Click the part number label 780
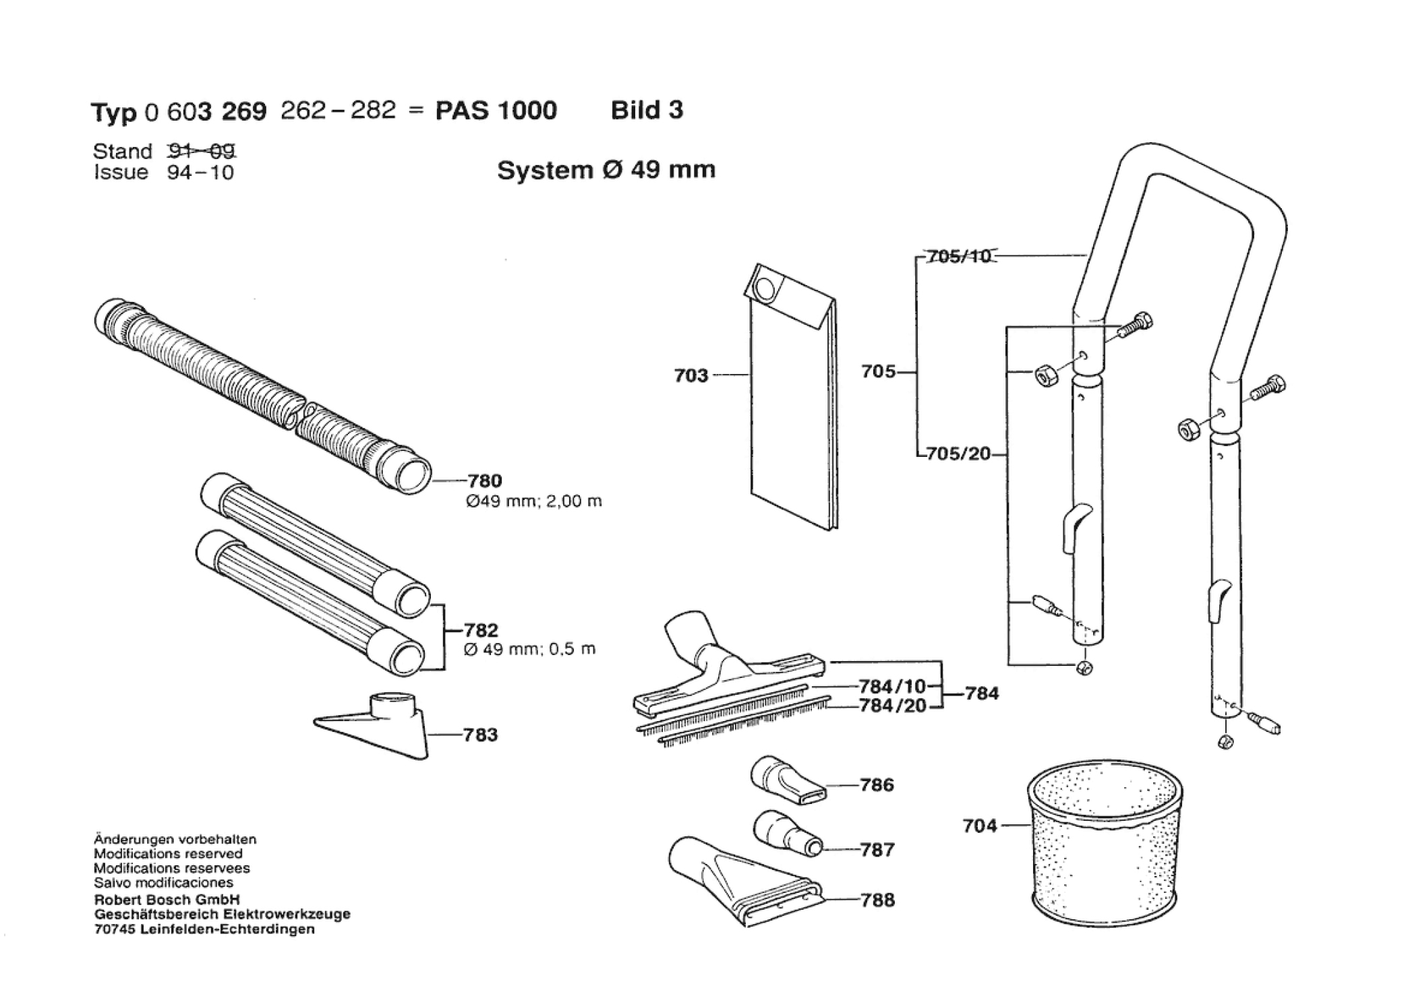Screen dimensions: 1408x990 tap(484, 481)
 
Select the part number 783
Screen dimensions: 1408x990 tap(480, 735)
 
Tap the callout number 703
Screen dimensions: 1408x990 tap(691, 375)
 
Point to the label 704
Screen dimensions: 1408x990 tap(980, 826)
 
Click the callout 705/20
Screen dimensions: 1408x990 tap(958, 454)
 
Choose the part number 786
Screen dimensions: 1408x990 tap(877, 785)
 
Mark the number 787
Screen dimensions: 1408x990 tap(877, 850)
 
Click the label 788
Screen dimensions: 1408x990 tap(877, 900)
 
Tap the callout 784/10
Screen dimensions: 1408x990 tap(892, 687)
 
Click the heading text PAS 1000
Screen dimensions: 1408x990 tap(496, 111)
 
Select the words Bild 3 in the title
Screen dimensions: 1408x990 tap(647, 110)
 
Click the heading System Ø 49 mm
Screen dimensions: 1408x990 tap(606, 170)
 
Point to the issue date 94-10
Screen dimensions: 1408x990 tap(200, 173)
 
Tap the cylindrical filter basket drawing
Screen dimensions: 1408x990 tap(1105, 848)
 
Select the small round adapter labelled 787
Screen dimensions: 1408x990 tap(787, 834)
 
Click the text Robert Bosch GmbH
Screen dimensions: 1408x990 tap(167, 900)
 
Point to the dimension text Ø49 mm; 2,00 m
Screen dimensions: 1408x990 tap(534, 501)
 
